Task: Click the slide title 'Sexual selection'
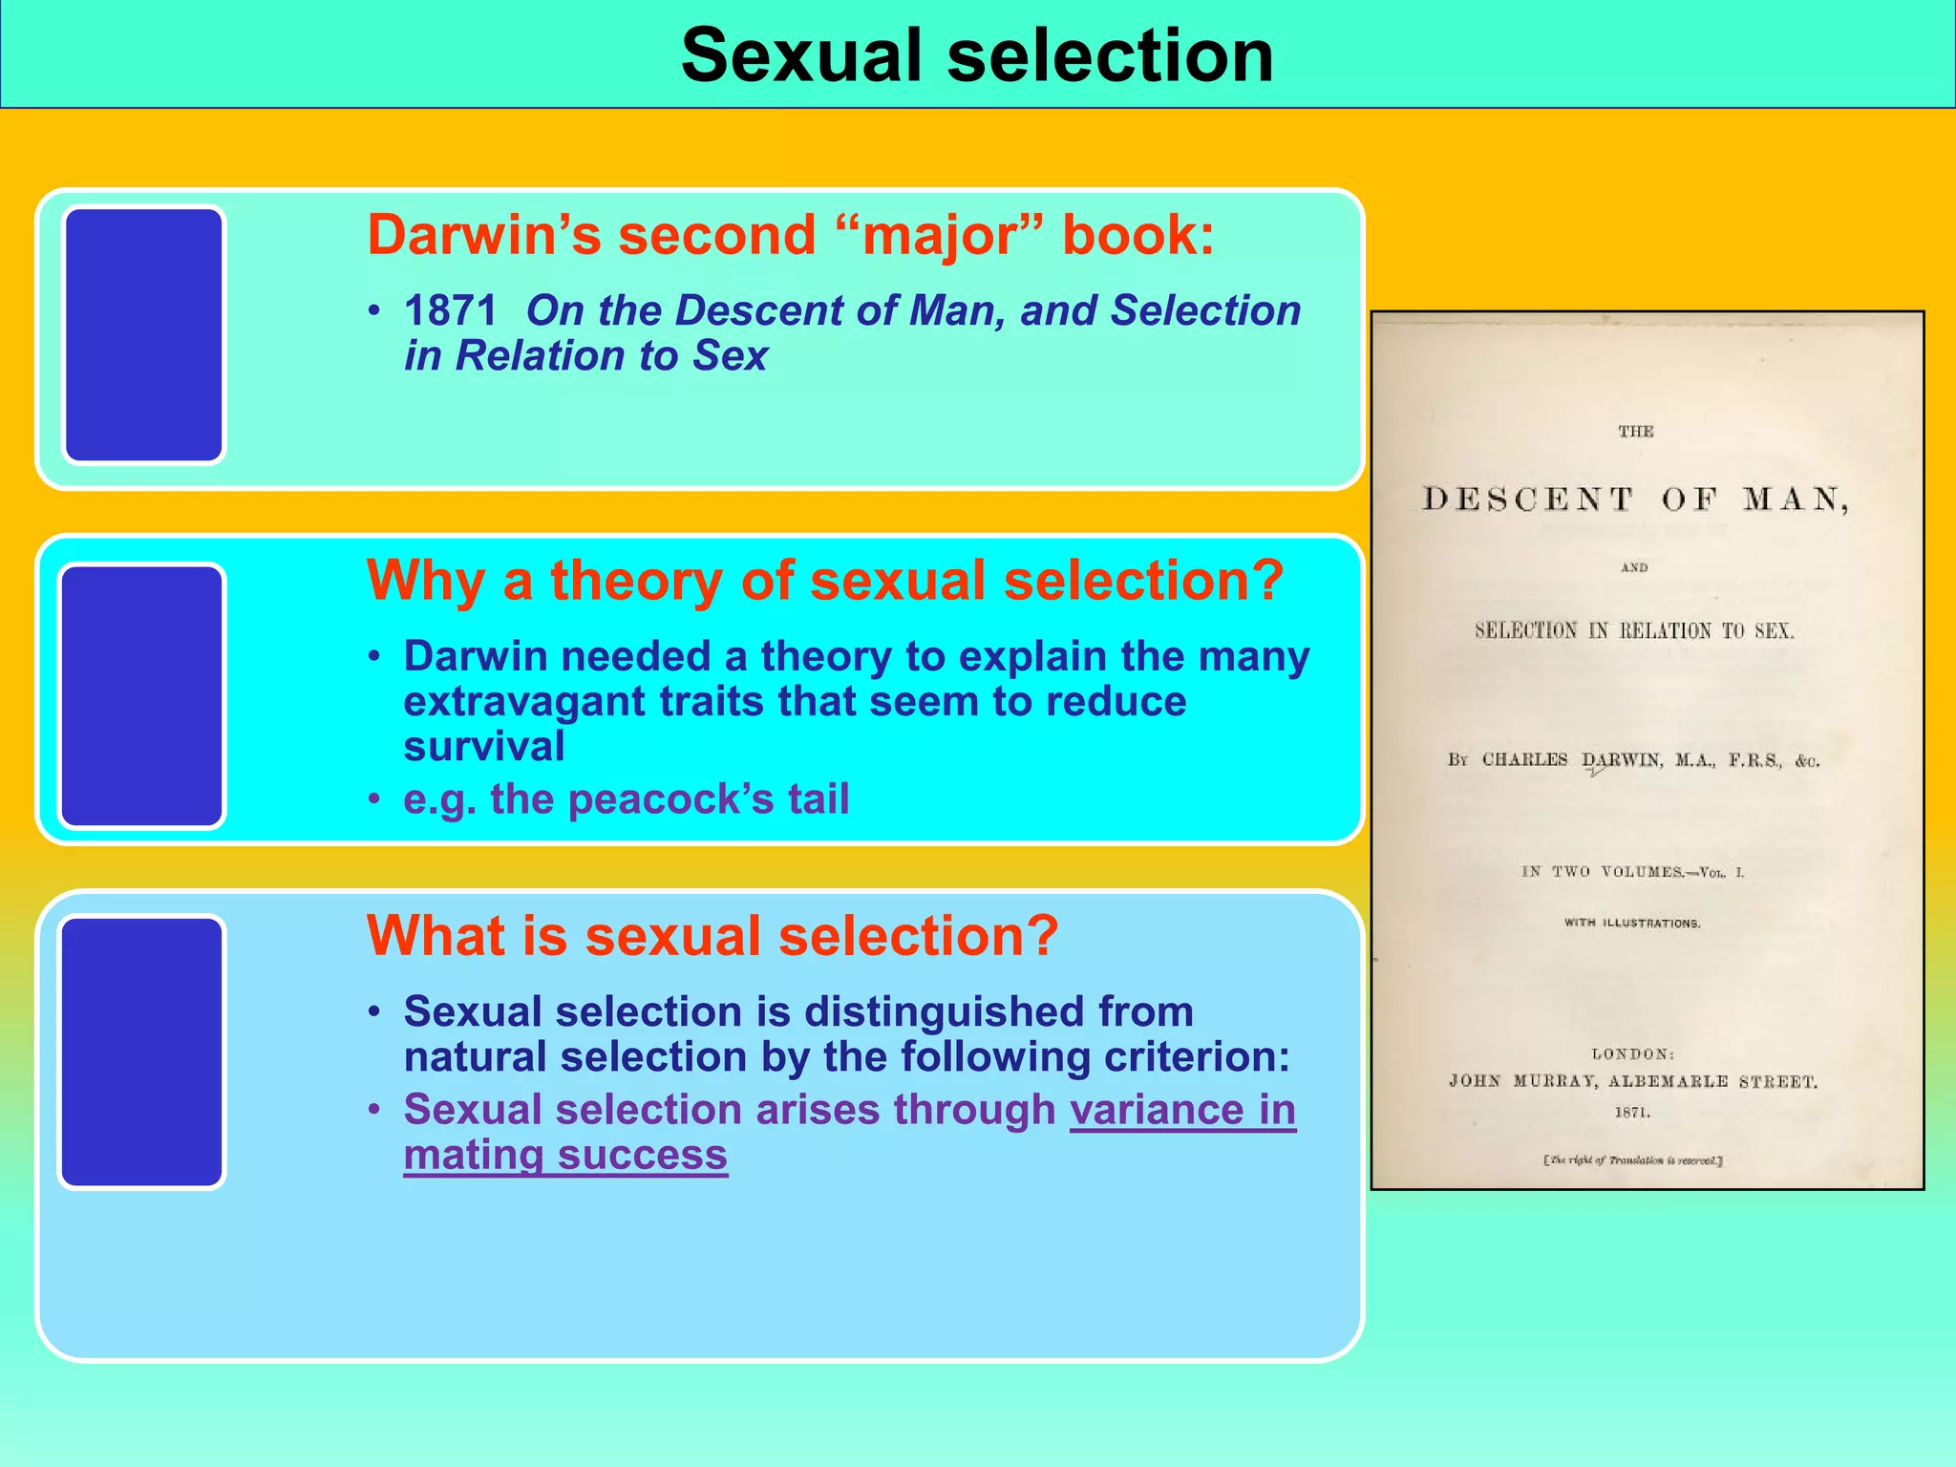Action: [x=977, y=55]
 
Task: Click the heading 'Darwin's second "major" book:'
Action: [x=791, y=235]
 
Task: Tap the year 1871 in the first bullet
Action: [x=451, y=310]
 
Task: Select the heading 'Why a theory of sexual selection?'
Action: [x=825, y=581]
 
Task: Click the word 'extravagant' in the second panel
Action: [x=525, y=702]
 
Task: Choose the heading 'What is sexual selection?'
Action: [x=712, y=936]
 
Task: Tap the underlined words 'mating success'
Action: [x=565, y=1155]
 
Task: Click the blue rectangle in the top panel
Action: [x=143, y=335]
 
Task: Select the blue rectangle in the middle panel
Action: [x=141, y=695]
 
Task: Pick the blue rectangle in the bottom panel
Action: [x=141, y=1052]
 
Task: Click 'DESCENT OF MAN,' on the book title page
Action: [x=1635, y=500]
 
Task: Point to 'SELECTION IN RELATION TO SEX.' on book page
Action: [x=1634, y=630]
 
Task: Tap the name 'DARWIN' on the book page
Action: [x=1622, y=760]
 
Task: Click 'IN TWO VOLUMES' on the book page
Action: [x=1602, y=872]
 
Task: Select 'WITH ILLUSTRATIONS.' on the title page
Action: [x=1632, y=924]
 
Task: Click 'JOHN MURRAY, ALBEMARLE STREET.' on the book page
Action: [x=1633, y=1081]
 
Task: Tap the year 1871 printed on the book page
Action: [x=1632, y=1113]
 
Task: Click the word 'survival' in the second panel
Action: [x=484, y=747]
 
